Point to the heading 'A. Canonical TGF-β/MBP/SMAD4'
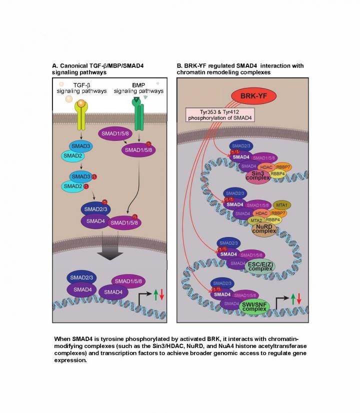pyautogui.click(x=95, y=65)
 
